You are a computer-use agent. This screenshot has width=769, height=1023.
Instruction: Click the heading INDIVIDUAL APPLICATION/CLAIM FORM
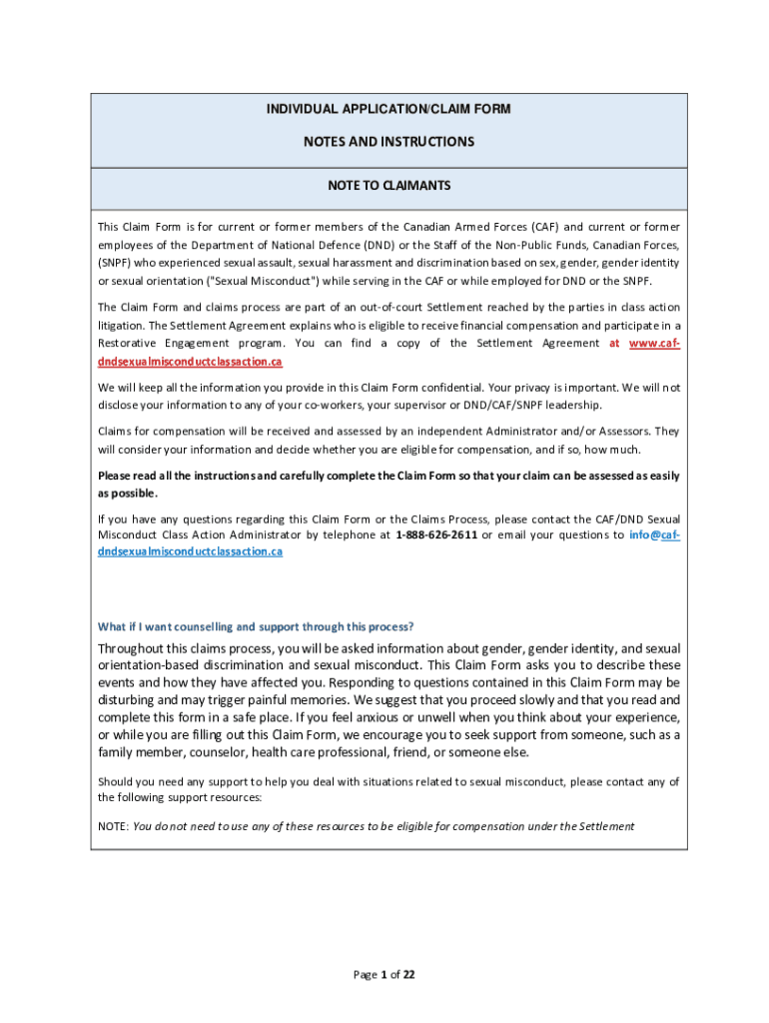[x=388, y=109]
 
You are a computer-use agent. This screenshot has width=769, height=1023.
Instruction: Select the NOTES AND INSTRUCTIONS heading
[x=388, y=142]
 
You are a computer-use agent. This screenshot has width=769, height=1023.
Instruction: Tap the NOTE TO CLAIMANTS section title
[x=388, y=186]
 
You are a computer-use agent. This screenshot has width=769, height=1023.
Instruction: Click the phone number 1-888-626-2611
[x=435, y=534]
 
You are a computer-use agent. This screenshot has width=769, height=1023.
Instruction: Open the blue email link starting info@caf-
[x=654, y=534]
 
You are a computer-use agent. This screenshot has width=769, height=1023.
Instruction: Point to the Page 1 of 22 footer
[x=384, y=975]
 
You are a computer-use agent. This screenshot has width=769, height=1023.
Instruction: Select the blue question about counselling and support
[x=255, y=626]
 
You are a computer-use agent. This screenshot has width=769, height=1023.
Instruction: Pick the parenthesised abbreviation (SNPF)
[x=120, y=263]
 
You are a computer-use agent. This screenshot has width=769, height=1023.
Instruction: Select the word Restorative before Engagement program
[x=131, y=343]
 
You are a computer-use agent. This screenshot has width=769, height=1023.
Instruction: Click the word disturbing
[x=125, y=700]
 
